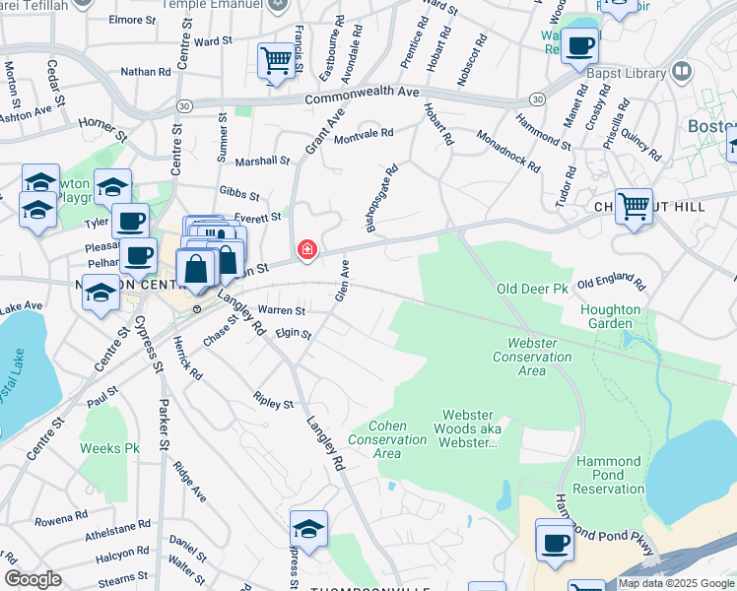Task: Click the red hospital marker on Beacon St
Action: click(x=307, y=250)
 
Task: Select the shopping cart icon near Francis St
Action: click(x=274, y=61)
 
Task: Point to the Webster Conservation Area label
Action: click(x=533, y=357)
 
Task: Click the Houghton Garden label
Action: click(x=611, y=316)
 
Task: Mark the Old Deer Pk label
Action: click(x=533, y=290)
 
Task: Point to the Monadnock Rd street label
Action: click(x=508, y=151)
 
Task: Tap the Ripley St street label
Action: click(x=273, y=404)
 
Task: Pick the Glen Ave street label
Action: click(x=343, y=281)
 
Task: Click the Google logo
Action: click(x=33, y=579)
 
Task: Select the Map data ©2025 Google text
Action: click(x=675, y=583)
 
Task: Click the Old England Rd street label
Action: click(x=611, y=285)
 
